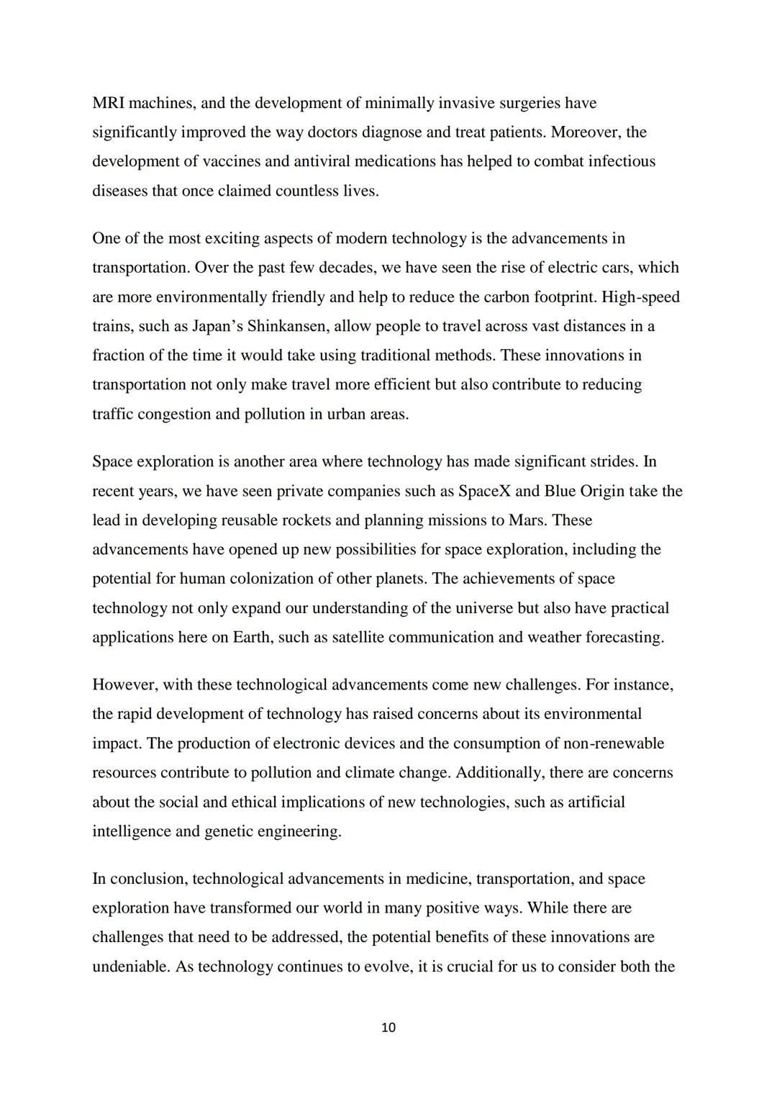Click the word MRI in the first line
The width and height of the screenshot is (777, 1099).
click(108, 103)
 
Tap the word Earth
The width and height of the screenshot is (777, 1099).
click(251, 637)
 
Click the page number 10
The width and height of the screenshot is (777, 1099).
click(388, 1027)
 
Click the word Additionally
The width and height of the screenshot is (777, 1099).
click(499, 772)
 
